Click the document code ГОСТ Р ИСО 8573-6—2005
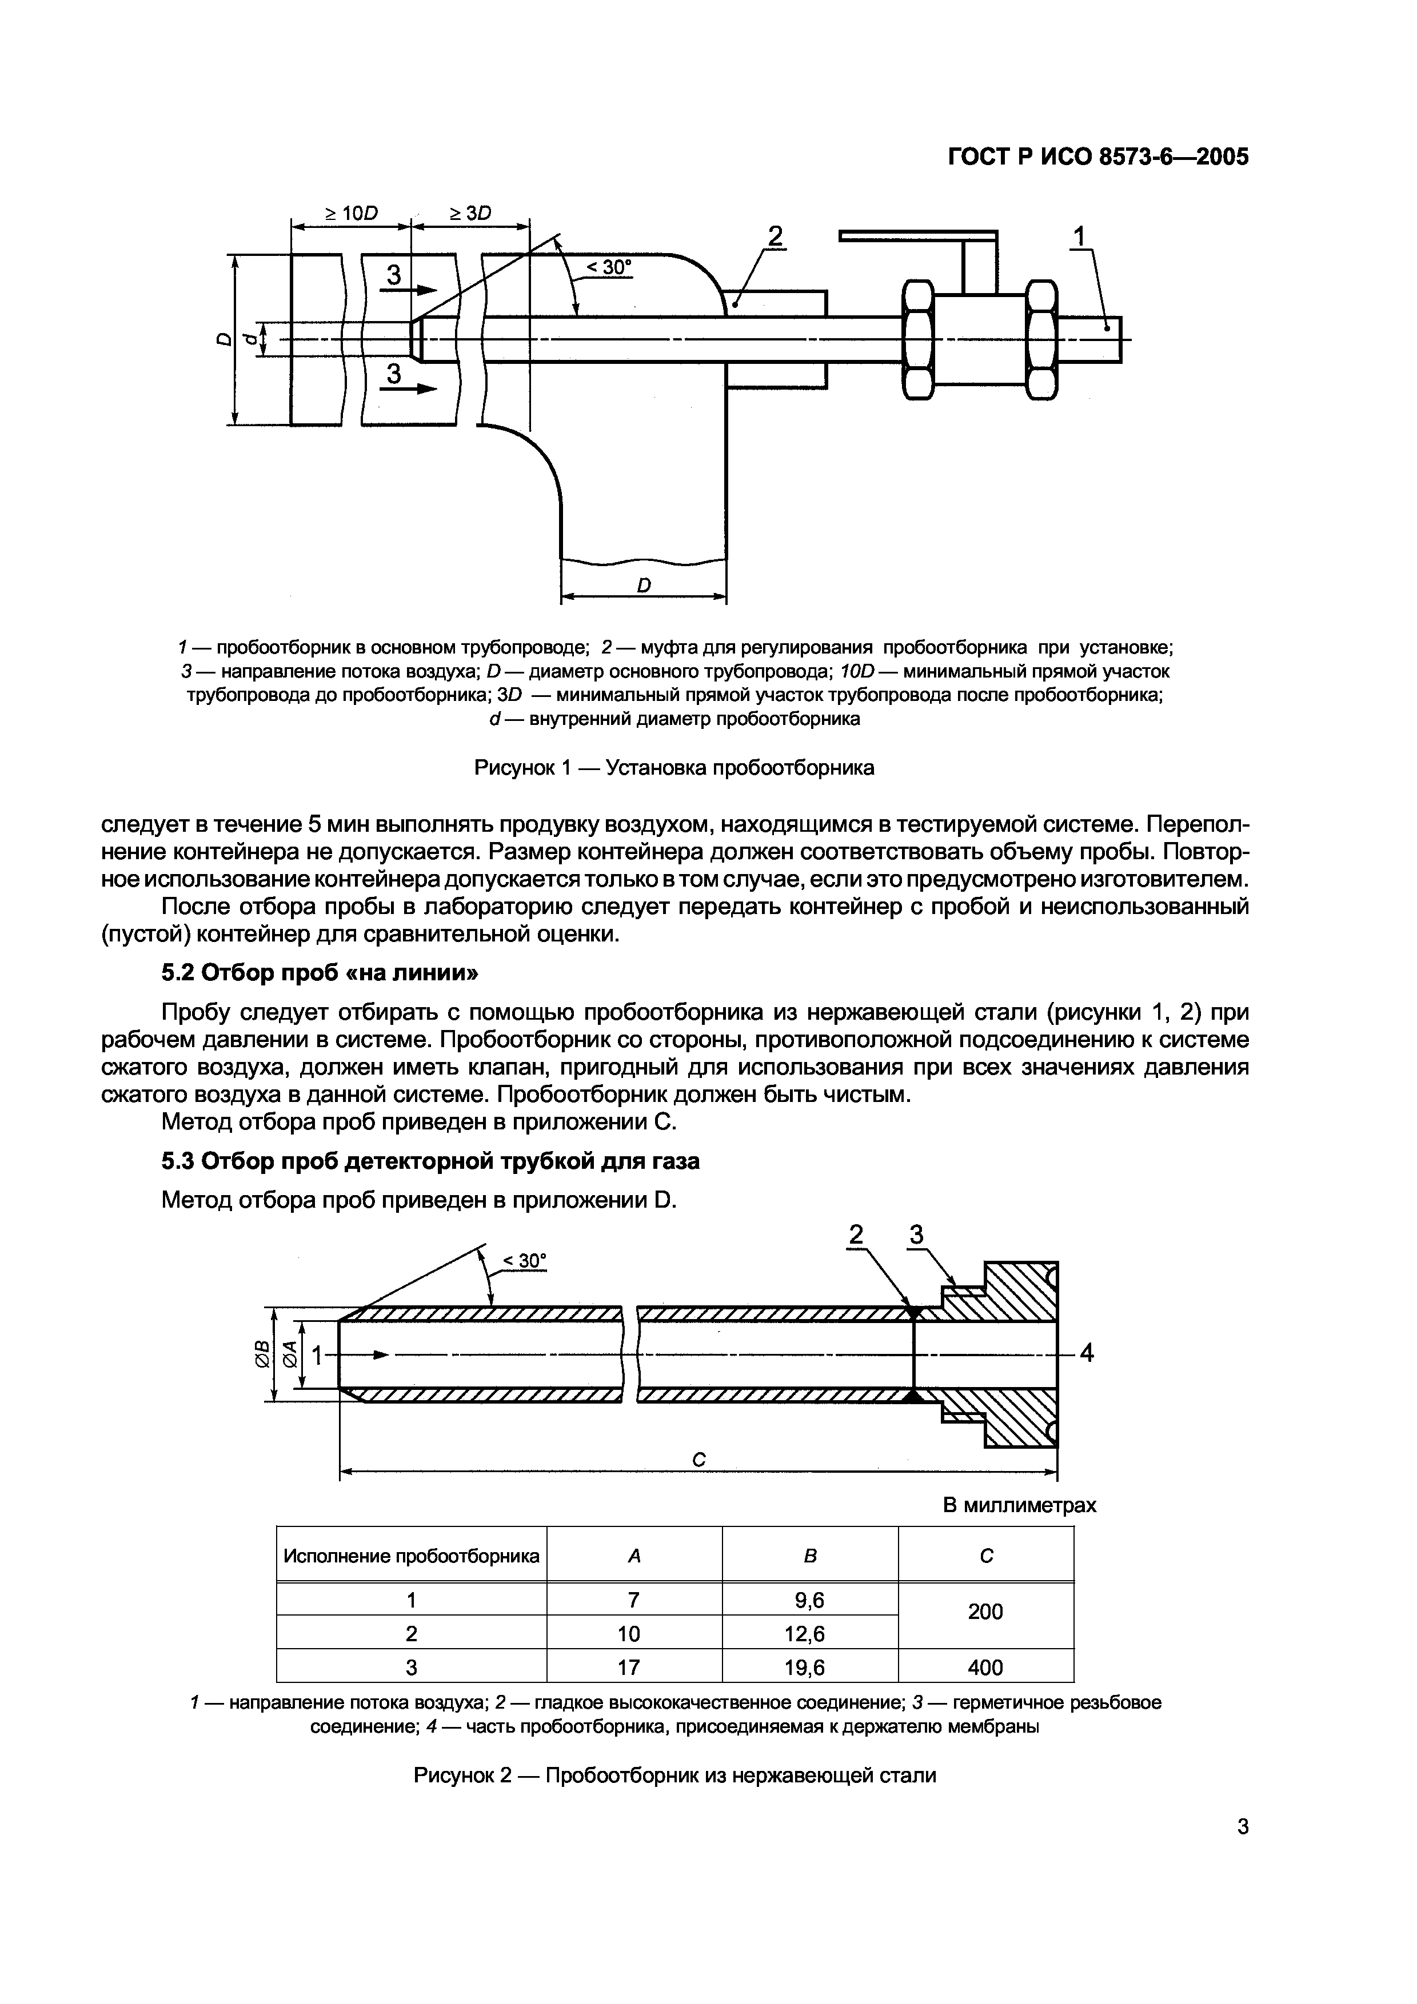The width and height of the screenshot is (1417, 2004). pos(1098,157)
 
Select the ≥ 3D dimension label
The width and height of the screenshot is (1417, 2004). pos(470,213)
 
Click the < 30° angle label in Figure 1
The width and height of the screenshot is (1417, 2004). pos(609,268)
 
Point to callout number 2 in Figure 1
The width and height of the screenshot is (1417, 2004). pos(775,236)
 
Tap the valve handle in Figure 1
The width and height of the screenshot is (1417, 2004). pos(917,236)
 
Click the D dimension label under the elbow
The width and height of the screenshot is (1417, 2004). pos(644,585)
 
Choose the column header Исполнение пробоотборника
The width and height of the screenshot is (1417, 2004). pos(411,1556)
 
